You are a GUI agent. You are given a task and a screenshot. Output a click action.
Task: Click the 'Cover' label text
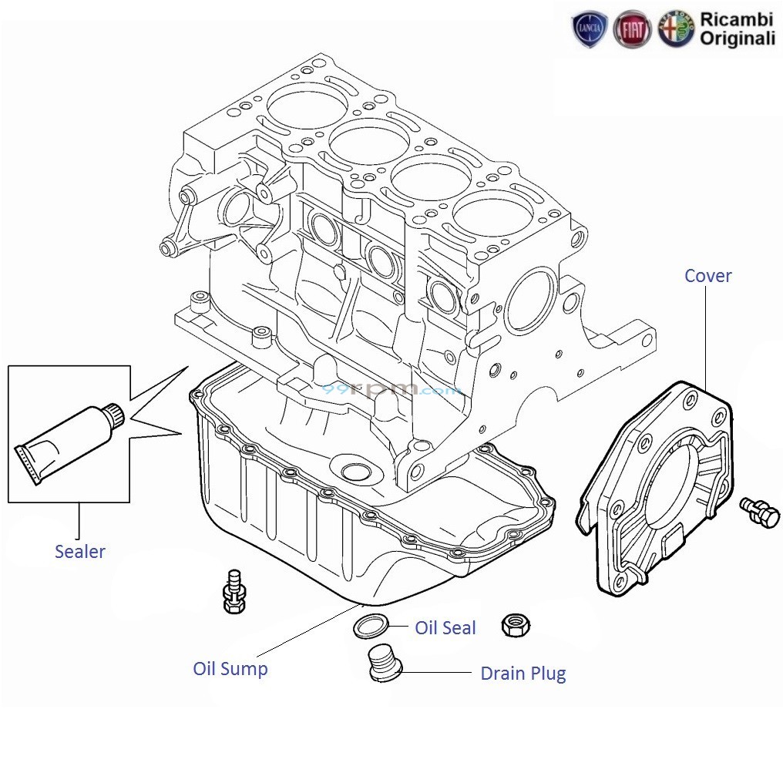(x=707, y=276)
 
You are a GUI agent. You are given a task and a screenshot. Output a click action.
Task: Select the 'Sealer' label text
(x=79, y=552)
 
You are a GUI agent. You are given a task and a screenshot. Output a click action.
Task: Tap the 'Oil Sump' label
(x=230, y=669)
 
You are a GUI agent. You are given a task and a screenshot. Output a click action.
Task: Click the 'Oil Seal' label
(x=445, y=628)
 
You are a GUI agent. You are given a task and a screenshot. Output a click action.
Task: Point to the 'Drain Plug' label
(x=523, y=674)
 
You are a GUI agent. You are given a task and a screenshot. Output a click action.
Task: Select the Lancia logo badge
(x=590, y=30)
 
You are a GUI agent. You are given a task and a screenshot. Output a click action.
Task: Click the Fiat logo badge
(x=633, y=31)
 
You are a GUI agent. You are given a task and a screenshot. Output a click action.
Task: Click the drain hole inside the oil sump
(x=354, y=472)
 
